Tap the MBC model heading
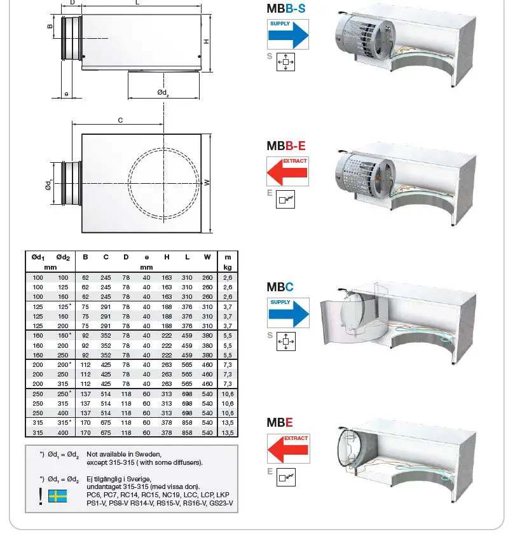[280, 287]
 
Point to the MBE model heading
[280, 422]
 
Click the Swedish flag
[58, 496]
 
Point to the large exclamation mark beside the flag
[41, 495]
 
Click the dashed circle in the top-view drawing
[164, 183]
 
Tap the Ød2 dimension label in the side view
[163, 92]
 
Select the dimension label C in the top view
[120, 120]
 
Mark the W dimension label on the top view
[207, 183]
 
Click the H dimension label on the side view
[207, 41]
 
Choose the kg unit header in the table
[227, 268]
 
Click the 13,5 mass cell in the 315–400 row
[227, 432]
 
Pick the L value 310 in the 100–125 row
[187, 287]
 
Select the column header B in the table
[85, 257]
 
